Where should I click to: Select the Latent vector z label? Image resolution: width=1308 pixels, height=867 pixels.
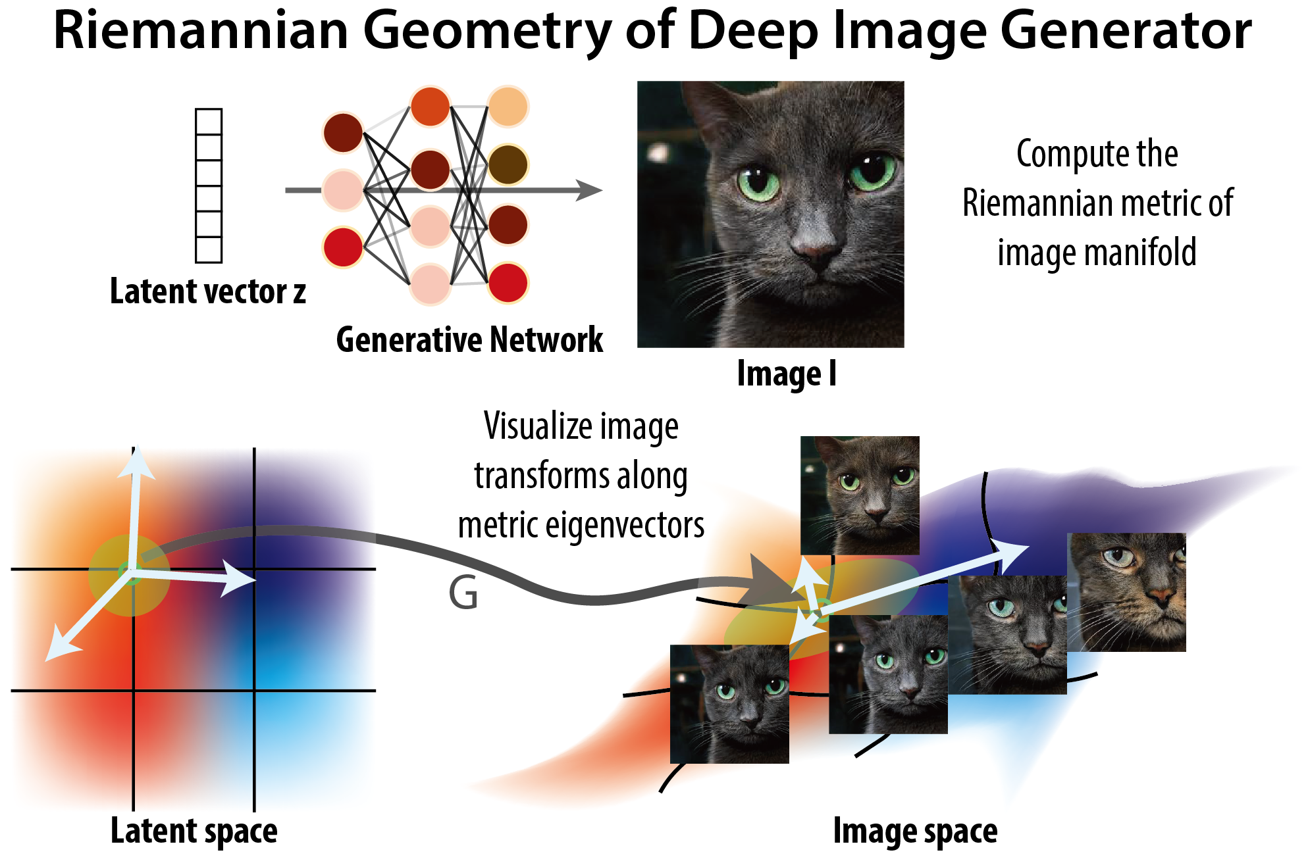[207, 291]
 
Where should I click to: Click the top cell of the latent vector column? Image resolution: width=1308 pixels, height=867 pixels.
[209, 122]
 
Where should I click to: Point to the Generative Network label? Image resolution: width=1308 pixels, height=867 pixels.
[469, 340]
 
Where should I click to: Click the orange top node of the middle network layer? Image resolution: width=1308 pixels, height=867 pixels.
[430, 106]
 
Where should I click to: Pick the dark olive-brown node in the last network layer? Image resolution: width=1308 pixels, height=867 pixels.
[508, 164]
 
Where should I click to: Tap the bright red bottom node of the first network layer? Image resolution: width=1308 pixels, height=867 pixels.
[343, 247]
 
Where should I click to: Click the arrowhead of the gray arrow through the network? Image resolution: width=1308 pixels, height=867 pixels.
[590, 190]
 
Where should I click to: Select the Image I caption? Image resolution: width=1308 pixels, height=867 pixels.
[787, 374]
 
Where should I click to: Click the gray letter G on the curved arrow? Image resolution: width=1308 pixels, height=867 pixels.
[463, 593]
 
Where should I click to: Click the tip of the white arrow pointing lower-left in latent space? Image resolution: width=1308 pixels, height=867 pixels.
[49, 657]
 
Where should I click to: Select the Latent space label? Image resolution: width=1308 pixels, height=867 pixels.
[194, 831]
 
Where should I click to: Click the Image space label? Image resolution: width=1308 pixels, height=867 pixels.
[915, 831]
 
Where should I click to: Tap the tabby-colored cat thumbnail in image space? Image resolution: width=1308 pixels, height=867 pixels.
[1126, 592]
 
